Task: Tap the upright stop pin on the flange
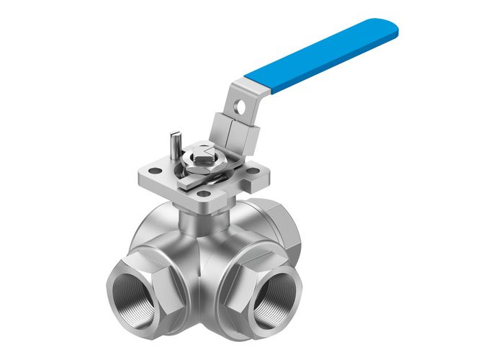click(x=176, y=142)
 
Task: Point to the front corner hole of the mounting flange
click(x=204, y=194)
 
